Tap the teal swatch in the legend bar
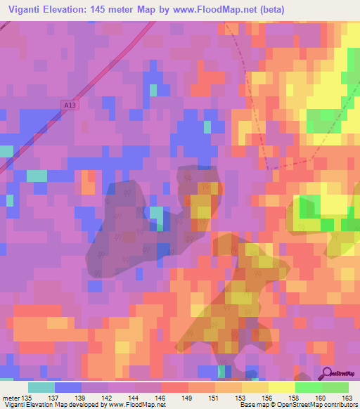(x=41, y=387)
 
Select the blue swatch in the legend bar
(x=68, y=387)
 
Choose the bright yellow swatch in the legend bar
(x=281, y=387)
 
